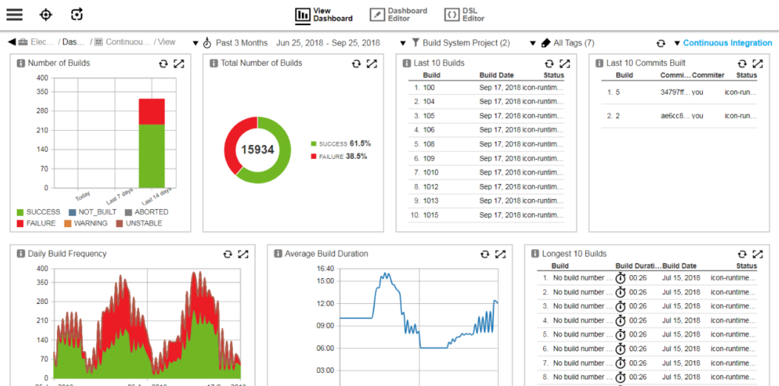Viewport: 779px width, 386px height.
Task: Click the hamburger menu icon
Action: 14,14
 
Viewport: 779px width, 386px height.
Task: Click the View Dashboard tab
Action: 324,14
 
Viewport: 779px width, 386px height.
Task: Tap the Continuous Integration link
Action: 727,43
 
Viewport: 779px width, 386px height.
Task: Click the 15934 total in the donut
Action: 257,150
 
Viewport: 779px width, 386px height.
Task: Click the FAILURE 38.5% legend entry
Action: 339,157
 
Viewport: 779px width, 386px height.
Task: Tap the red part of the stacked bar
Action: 151,112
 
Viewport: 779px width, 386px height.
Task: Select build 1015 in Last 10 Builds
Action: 430,215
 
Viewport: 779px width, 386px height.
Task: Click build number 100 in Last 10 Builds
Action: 428,87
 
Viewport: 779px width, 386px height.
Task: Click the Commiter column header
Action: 707,75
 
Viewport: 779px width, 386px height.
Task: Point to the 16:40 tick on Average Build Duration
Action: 325,268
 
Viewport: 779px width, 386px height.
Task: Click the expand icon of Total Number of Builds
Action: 371,63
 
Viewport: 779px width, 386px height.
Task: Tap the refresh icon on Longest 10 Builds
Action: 742,254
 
